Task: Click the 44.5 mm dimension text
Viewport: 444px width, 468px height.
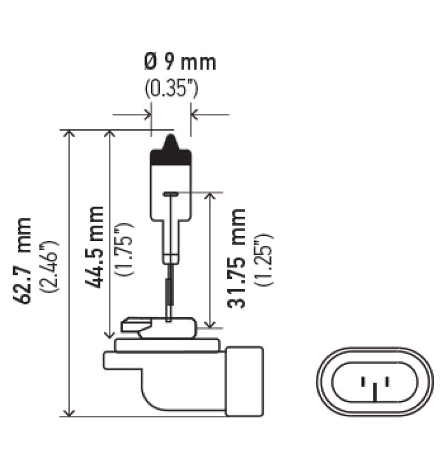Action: coord(95,246)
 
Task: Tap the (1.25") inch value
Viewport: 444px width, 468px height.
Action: coord(265,260)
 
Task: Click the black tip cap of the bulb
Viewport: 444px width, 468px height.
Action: coord(171,153)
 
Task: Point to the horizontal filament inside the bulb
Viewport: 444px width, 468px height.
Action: coord(171,194)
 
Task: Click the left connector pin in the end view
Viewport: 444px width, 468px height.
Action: coord(363,381)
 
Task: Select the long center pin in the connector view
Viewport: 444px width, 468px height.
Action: coord(375,393)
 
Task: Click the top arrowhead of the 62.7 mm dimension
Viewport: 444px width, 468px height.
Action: coord(69,134)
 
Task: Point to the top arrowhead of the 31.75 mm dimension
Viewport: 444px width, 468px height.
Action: coord(210,197)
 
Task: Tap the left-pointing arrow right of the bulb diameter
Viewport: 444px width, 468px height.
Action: coord(195,115)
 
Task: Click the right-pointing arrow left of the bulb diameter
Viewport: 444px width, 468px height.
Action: coord(147,115)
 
